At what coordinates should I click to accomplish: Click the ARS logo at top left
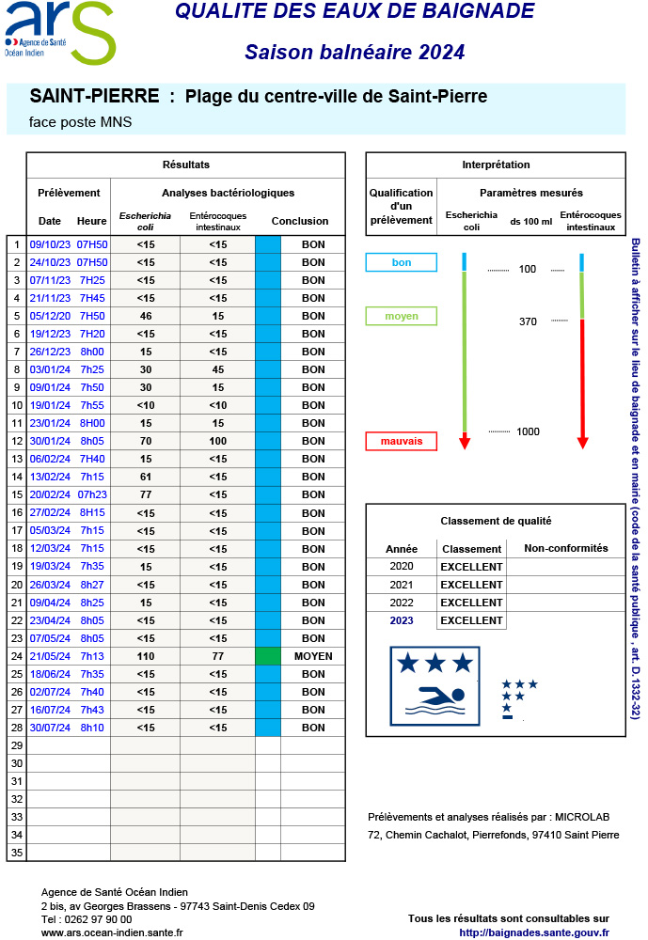click(58, 32)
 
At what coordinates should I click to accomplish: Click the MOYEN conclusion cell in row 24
click(313, 656)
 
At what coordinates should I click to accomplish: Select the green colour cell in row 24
click(268, 656)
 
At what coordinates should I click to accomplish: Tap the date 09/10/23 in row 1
click(50, 244)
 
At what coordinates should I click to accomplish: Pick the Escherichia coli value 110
click(146, 656)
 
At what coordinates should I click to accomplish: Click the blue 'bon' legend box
click(402, 263)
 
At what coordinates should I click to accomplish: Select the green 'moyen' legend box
click(402, 317)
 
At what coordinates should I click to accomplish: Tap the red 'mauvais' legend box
click(402, 441)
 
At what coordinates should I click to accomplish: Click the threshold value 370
click(528, 321)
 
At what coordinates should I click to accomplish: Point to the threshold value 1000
click(528, 431)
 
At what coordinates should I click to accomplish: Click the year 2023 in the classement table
click(402, 620)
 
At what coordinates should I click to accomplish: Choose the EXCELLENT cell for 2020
click(471, 567)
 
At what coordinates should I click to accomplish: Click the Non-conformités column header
click(565, 549)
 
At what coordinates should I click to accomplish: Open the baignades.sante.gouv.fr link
click(534, 932)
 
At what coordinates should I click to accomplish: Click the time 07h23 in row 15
click(92, 494)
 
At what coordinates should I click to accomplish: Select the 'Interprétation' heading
click(496, 165)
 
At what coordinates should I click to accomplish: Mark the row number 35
click(16, 854)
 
